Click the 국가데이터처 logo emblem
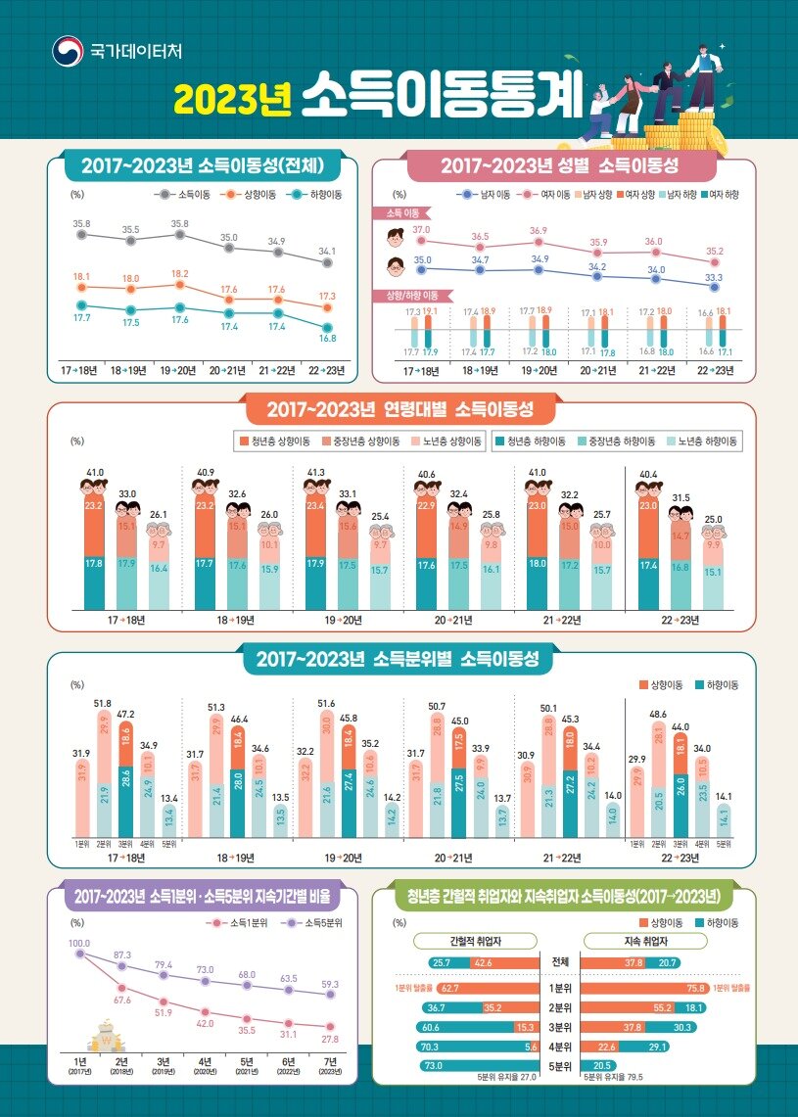(x=68, y=50)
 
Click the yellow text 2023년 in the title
(x=233, y=98)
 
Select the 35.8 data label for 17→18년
(x=81, y=224)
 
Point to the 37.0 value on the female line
(x=421, y=229)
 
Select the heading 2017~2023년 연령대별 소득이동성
(x=399, y=409)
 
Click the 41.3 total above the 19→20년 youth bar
(x=315, y=473)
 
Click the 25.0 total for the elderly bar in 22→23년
(x=726, y=520)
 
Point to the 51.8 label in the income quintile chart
(x=103, y=703)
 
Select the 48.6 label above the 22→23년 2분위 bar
(x=658, y=715)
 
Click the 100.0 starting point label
(x=79, y=943)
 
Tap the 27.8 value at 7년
(x=330, y=1038)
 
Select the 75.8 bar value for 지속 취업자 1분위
(x=697, y=988)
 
